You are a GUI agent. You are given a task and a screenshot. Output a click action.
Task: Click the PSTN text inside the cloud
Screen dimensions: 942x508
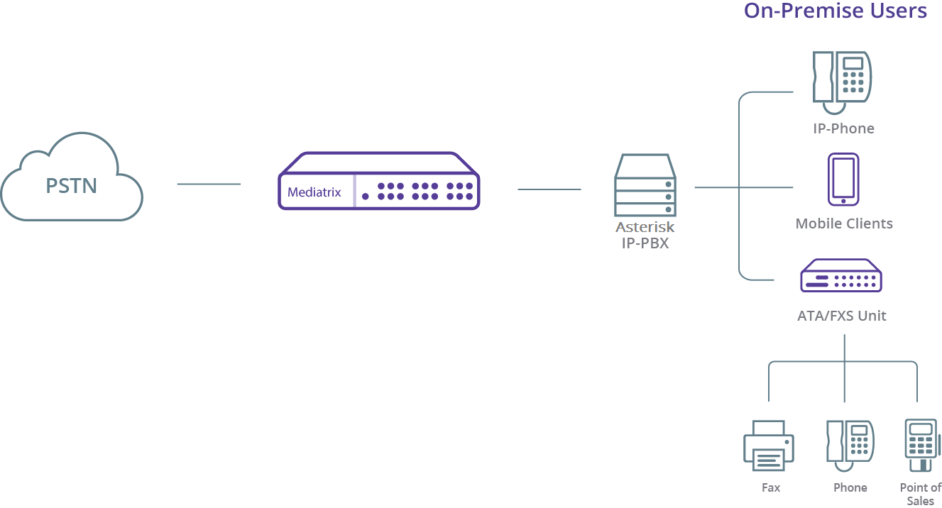71,186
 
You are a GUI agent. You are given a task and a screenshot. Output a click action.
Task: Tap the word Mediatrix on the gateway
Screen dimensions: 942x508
314,192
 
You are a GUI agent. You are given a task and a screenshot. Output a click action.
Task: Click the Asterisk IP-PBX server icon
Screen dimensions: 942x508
645,185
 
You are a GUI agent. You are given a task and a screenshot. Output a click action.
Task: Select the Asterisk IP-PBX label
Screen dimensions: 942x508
645,235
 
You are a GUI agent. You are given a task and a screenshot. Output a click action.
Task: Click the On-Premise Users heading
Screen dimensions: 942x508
836,11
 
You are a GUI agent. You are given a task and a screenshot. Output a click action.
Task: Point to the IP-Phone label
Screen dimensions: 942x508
843,128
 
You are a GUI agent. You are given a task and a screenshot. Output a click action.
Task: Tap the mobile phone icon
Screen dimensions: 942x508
843,180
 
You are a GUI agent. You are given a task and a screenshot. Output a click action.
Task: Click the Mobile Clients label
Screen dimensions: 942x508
844,223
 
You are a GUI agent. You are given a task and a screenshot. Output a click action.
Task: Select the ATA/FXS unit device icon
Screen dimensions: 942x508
841,275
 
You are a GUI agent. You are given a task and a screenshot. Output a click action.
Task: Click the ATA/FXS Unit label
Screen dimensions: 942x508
842,316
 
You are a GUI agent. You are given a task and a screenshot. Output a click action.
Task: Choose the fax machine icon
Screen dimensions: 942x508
769,446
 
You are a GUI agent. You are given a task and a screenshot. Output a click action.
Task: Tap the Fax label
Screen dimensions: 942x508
771,487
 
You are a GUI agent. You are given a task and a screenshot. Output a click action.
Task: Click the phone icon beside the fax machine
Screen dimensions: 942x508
850,446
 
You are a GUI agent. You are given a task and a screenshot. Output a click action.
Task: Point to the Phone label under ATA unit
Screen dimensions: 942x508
850,487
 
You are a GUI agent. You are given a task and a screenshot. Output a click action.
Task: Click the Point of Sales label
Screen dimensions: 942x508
921,494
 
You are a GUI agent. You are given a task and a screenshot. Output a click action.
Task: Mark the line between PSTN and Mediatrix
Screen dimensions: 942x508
209,184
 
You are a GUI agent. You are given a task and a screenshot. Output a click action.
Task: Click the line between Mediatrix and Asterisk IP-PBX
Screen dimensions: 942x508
549,189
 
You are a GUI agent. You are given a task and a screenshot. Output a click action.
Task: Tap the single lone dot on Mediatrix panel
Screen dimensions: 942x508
366,197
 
